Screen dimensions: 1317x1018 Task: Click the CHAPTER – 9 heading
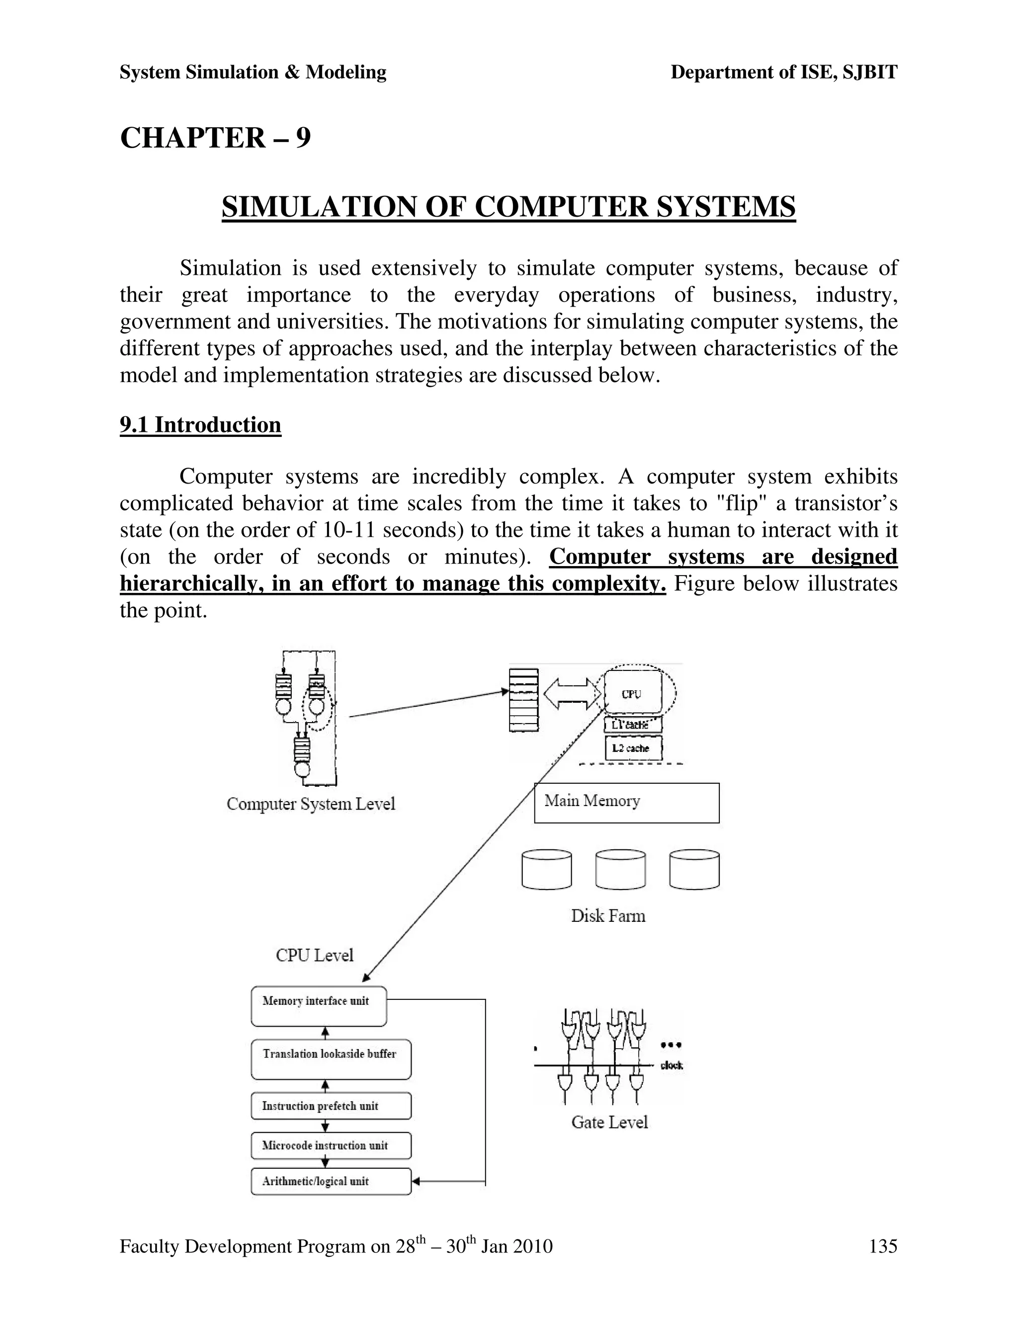point(215,138)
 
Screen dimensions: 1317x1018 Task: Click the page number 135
point(882,1245)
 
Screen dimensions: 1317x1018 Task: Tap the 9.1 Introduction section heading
point(200,425)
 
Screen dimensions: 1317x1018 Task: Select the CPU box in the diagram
point(632,693)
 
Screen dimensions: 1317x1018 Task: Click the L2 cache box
point(633,748)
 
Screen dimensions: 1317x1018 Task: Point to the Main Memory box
point(626,803)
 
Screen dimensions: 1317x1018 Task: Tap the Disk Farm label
point(608,916)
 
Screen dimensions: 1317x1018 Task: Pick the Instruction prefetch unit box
point(331,1106)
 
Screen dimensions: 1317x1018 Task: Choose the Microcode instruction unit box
point(331,1146)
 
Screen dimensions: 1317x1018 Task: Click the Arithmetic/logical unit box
point(331,1181)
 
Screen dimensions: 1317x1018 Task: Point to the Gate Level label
point(609,1122)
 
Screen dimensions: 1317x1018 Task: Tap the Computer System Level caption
point(311,804)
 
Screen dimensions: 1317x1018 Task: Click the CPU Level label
point(314,955)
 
